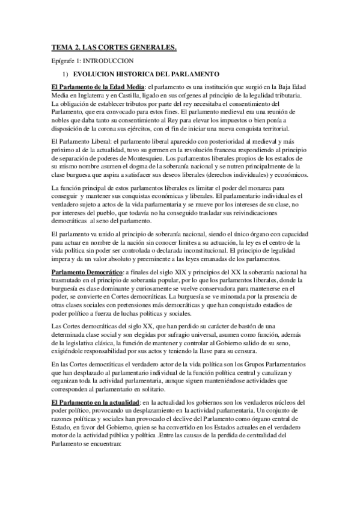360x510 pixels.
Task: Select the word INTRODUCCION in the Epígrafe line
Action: pos(112,61)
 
